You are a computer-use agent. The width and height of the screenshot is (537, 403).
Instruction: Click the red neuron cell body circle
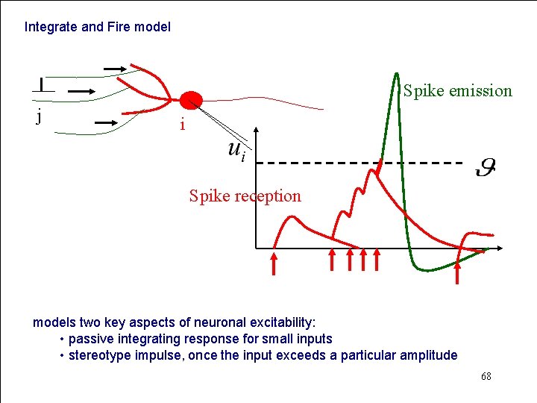click(x=191, y=101)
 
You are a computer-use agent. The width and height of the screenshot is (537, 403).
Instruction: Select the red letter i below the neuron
click(x=181, y=125)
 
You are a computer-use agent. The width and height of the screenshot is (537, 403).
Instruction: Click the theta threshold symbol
click(x=486, y=167)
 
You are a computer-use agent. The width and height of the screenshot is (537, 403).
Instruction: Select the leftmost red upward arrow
click(x=274, y=263)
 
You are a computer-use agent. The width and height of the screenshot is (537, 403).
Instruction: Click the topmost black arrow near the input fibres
click(x=116, y=69)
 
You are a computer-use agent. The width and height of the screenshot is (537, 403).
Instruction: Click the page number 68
click(x=486, y=377)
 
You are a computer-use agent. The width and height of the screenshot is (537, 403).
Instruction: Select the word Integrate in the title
click(x=51, y=27)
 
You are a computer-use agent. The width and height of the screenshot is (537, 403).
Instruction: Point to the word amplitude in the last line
click(x=429, y=355)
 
